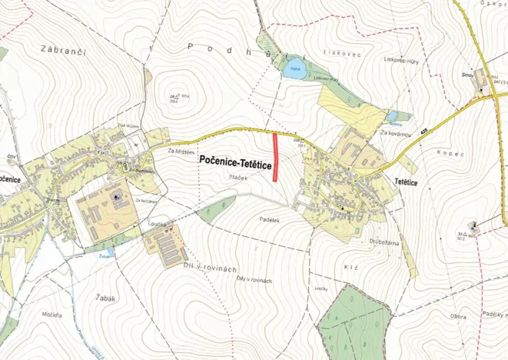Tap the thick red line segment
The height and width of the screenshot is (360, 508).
click(x=277, y=156)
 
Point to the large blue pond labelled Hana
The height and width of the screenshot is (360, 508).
click(x=293, y=72)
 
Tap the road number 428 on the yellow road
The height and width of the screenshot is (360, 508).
click(x=423, y=133)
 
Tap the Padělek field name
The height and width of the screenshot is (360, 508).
click(x=266, y=220)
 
